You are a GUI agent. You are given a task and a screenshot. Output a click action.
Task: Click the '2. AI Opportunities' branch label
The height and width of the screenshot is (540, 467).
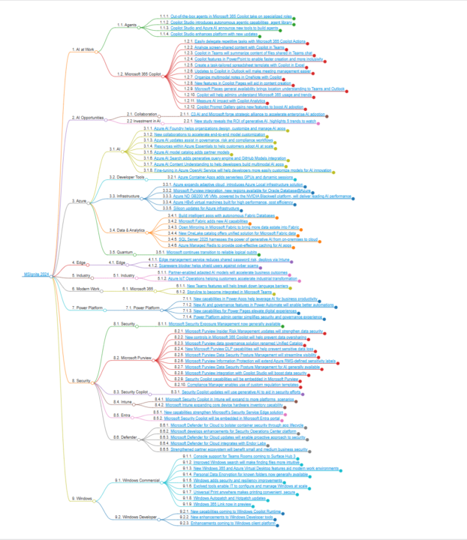click(x=88, y=118)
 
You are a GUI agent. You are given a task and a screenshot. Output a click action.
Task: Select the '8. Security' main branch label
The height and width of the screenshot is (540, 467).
click(x=83, y=381)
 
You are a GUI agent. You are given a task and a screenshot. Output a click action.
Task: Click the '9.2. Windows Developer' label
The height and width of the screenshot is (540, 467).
click(x=136, y=517)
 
